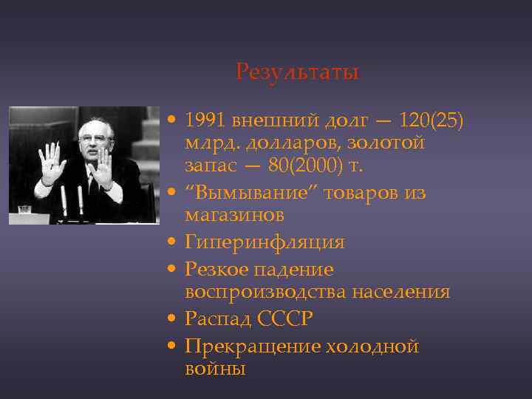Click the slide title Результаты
(297, 72)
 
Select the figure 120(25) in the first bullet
(431, 120)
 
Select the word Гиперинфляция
(265, 242)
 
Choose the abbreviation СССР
(286, 319)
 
